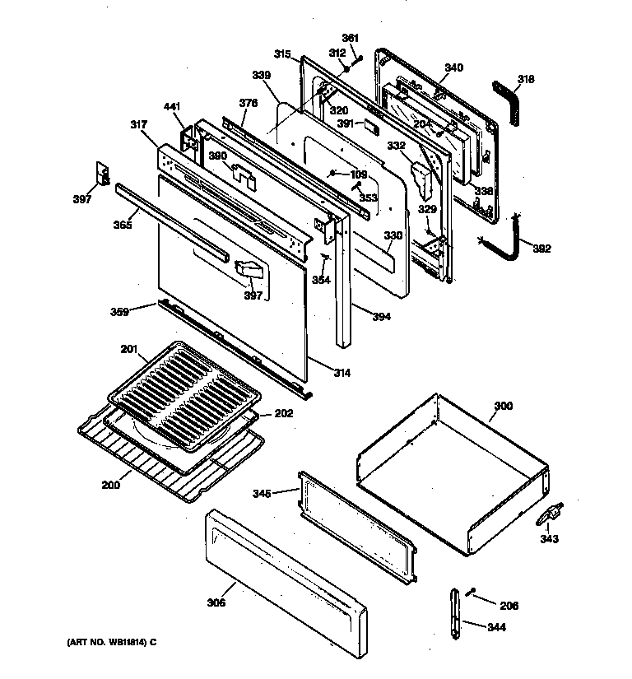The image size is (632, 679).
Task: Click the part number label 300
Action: [x=503, y=407]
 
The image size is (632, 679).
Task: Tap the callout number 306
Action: [x=216, y=603]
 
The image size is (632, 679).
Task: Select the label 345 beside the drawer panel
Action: [x=262, y=494]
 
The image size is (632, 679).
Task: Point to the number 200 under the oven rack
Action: [x=110, y=485]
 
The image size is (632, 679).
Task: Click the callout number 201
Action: [x=128, y=349]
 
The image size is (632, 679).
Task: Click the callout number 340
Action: [x=453, y=67]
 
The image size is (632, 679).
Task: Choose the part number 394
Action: [x=382, y=316]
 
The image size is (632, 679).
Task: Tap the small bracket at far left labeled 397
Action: [x=103, y=174]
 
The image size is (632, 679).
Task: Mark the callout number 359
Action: [x=120, y=311]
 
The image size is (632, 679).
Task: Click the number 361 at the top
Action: [x=351, y=38]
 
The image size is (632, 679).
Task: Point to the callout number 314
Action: [x=342, y=373]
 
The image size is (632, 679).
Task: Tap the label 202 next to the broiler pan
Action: [x=283, y=413]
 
